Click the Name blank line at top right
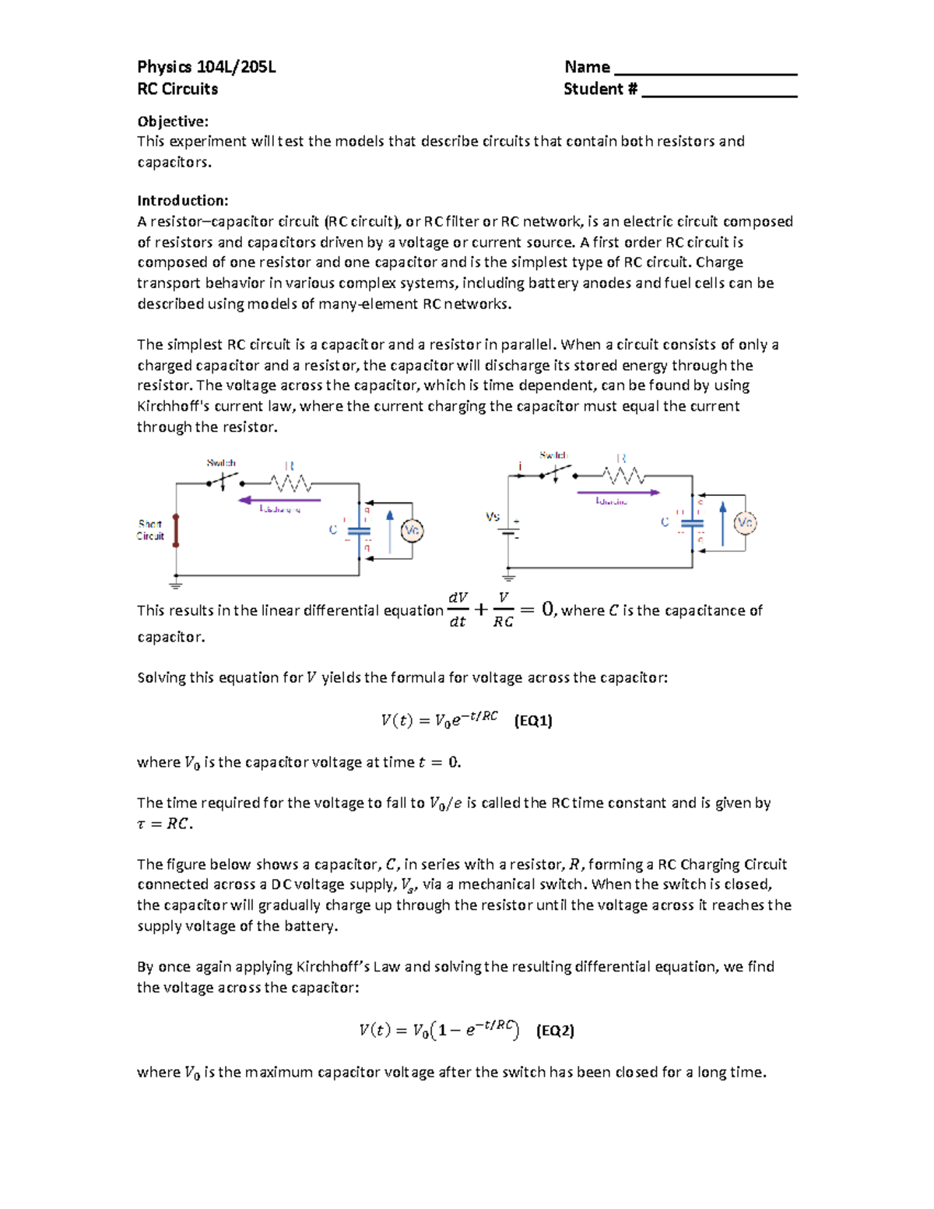click(705, 72)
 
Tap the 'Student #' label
click(600, 89)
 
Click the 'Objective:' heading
click(173, 121)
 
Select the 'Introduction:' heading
click(182, 201)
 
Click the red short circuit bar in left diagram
click(176, 530)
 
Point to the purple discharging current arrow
click(279, 500)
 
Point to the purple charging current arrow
click(617, 492)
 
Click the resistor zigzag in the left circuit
click(291, 483)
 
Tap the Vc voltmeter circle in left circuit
click(412, 531)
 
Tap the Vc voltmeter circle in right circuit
click(745, 522)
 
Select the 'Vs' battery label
click(492, 516)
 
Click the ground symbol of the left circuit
click(176, 584)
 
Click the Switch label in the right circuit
click(553, 455)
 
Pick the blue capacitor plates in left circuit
click(359, 531)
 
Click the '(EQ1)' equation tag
click(533, 720)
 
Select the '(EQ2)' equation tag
click(555, 1031)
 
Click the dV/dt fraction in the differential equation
click(458, 610)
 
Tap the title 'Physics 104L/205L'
click(206, 67)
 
